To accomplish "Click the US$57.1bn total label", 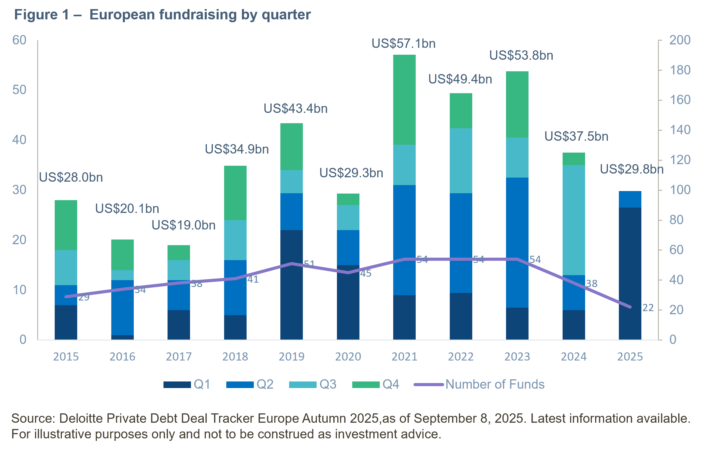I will [x=403, y=43].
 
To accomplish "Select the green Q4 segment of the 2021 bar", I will [x=404, y=99].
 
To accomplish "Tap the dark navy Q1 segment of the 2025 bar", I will [x=630, y=274].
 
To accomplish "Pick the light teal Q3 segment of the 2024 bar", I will [x=574, y=220].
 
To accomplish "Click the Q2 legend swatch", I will [x=240, y=385].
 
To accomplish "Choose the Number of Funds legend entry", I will [x=495, y=384].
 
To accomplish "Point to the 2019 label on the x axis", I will [x=291, y=357].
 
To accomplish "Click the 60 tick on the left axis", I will [x=19, y=40].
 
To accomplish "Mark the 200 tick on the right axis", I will [x=680, y=40].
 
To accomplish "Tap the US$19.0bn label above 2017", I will [x=183, y=225].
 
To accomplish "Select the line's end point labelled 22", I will [x=630, y=307].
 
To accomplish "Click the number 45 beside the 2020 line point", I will [x=366, y=274].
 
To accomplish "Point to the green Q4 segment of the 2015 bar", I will [x=66, y=225].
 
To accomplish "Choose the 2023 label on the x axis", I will [x=517, y=357].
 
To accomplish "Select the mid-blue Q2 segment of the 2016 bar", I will [x=123, y=307].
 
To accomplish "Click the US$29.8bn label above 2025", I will [x=631, y=169].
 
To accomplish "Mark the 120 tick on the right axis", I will [x=680, y=160].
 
